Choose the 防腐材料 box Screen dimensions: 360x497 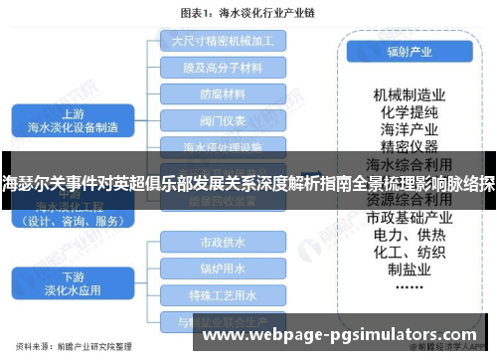(x=223, y=94)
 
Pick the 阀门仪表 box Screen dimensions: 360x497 (x=223, y=121)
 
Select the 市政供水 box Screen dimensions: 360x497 (x=223, y=243)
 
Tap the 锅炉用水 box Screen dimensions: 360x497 (x=223, y=269)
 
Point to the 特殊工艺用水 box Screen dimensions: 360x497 (x=223, y=295)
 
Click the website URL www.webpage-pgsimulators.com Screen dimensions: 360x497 (x=344, y=338)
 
